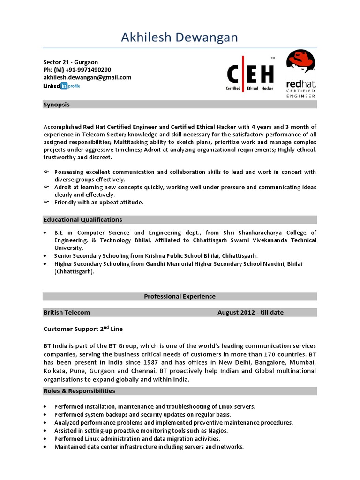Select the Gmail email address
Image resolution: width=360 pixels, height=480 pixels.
tap(87, 77)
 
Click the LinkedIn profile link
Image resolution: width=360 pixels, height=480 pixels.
tap(62, 86)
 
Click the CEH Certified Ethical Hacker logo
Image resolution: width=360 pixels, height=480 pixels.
tap(250, 74)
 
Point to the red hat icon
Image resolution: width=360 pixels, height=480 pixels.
tap(300, 61)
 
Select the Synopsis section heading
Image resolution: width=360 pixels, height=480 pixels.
tap(56, 105)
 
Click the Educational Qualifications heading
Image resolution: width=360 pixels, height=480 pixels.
tap(82, 219)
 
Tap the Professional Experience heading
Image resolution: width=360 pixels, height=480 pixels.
tap(180, 296)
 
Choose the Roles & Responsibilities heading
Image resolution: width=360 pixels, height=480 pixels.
tap(79, 391)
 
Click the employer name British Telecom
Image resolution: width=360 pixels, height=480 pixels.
tap(67, 312)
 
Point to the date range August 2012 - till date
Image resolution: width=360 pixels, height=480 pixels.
tap(250, 312)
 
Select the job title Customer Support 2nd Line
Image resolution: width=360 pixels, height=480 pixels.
tap(83, 329)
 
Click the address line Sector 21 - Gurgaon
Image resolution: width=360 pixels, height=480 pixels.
tap(71, 62)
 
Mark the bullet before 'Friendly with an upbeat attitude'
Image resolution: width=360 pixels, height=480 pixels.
tap(46, 202)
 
